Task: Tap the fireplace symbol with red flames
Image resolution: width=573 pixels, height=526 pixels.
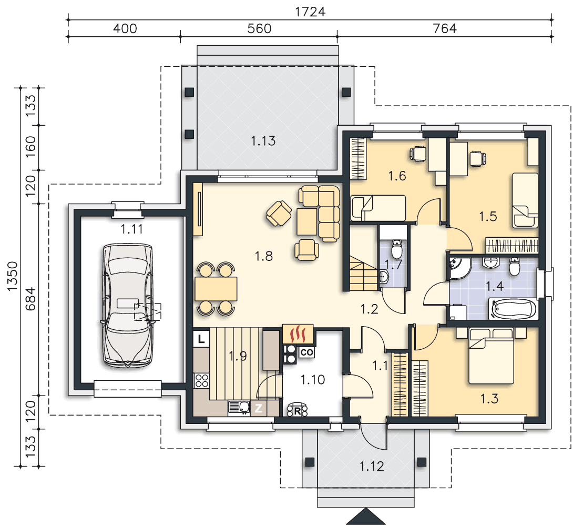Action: click(298, 334)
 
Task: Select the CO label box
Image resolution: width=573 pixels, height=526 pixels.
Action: click(306, 352)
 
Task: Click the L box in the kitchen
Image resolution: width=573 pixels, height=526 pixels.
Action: click(201, 339)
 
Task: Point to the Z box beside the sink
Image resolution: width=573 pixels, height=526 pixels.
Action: click(258, 408)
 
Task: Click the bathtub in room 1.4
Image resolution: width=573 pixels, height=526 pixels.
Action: click(514, 309)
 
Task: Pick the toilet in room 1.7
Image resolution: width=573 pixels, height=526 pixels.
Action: click(396, 249)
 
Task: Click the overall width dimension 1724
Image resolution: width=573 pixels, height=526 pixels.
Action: click(310, 12)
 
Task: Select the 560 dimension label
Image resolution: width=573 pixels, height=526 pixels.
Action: click(259, 28)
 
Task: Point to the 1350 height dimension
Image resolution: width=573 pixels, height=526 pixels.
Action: click(12, 276)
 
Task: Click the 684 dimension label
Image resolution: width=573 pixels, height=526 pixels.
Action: click(30, 299)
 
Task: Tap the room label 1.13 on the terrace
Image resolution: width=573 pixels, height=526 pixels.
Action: click(263, 141)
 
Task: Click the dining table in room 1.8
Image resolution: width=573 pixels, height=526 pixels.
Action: click(216, 289)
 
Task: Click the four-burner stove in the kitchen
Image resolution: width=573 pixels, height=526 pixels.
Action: click(201, 380)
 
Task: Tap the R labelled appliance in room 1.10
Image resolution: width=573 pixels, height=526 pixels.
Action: click(297, 410)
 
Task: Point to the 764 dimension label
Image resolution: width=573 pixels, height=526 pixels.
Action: click(445, 28)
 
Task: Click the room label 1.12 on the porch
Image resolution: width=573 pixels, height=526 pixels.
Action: click(372, 467)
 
